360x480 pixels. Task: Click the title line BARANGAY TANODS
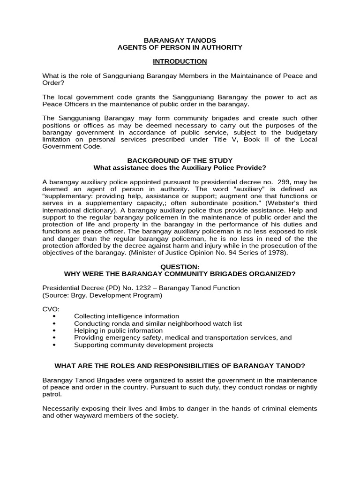(x=180, y=40)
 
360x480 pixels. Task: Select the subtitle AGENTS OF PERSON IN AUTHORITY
(x=180, y=47)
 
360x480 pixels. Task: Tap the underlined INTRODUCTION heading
(x=180, y=61)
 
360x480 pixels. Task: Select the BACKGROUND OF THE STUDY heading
(x=180, y=160)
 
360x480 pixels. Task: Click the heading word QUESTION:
(x=180, y=266)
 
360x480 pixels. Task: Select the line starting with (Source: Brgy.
(x=102, y=295)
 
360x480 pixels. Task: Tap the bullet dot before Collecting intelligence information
(x=56, y=316)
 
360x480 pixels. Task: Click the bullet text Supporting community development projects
(x=143, y=345)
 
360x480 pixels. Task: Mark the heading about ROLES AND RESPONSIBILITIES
(x=180, y=366)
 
